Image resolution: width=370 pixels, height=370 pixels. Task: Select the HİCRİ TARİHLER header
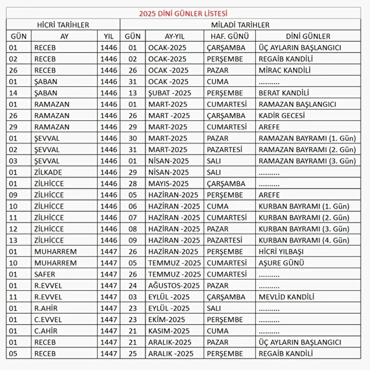pyautogui.click(x=63, y=25)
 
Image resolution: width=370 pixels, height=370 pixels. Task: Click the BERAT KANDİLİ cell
pyautogui.click(x=284, y=93)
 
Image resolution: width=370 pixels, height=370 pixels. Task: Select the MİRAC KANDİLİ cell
pyautogui.click(x=285, y=70)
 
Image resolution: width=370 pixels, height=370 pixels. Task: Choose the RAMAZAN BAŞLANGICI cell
pyautogui.click(x=297, y=104)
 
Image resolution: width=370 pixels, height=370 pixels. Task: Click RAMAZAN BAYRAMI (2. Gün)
pyautogui.click(x=307, y=150)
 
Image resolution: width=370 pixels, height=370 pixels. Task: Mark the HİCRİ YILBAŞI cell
pyautogui.click(x=281, y=251)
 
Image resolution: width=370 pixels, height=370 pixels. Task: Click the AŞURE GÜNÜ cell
pyautogui.click(x=280, y=263)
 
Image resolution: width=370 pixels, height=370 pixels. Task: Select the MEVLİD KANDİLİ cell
pyautogui.click(x=286, y=297)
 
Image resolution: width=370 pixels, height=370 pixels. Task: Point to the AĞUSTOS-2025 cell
pyautogui.click(x=174, y=285)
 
